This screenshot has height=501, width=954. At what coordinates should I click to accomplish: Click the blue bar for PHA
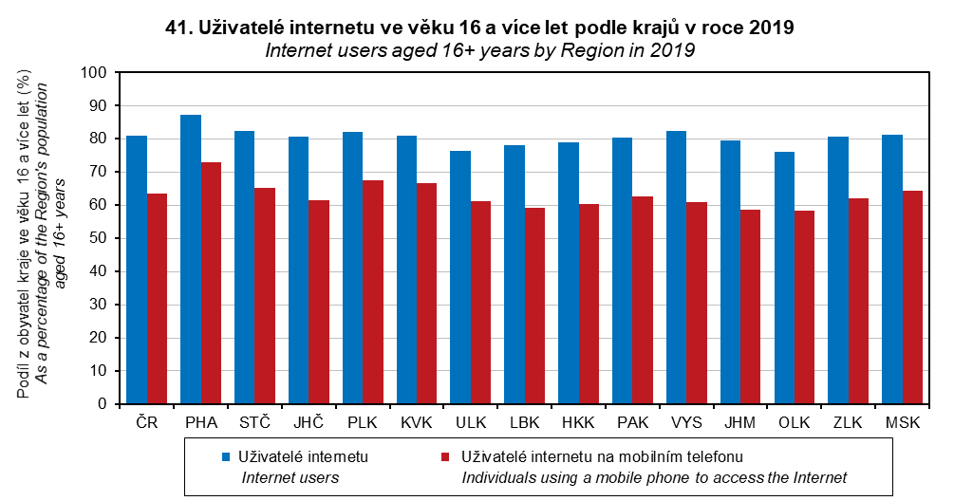click(x=191, y=259)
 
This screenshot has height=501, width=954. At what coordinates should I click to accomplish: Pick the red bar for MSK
click(x=912, y=297)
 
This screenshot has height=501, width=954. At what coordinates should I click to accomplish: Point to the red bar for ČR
click(x=157, y=299)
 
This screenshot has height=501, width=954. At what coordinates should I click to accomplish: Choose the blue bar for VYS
click(x=677, y=268)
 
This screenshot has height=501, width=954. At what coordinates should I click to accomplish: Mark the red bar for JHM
click(x=751, y=306)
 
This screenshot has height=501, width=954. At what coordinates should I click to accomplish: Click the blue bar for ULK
click(x=460, y=277)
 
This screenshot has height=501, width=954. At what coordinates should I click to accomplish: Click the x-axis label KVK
click(x=417, y=422)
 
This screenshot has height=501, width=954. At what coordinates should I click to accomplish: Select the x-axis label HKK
click(x=579, y=422)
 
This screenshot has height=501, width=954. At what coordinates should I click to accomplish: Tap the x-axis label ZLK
click(x=848, y=422)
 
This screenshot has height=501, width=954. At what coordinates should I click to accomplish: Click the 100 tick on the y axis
click(x=93, y=72)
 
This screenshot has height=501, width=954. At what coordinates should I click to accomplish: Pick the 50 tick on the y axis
click(x=98, y=238)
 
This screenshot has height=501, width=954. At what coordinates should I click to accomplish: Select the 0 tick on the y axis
click(x=103, y=404)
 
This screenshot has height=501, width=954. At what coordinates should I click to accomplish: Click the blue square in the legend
click(x=226, y=456)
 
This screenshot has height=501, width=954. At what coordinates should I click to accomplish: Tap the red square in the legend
click(x=445, y=456)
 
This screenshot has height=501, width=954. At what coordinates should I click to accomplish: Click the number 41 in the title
click(x=176, y=28)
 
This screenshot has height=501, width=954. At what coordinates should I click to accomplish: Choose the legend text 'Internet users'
click(x=290, y=478)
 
